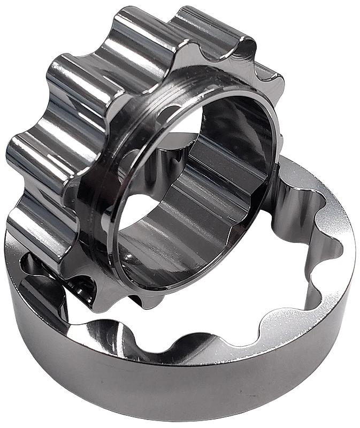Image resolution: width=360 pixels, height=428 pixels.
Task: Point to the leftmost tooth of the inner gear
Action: (24, 155)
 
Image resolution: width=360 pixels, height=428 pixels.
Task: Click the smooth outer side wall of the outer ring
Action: (160, 391)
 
